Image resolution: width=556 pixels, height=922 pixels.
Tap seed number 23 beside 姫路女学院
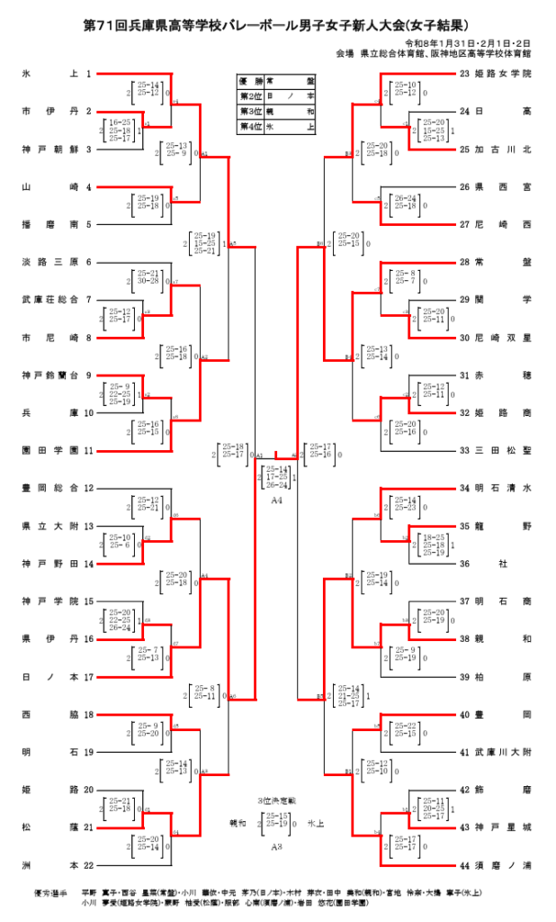pos(465,74)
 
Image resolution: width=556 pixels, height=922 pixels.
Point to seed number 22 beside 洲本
pos(88,865)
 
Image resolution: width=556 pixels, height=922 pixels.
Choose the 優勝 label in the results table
pos(249,80)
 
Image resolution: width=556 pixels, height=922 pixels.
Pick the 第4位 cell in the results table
pos(249,127)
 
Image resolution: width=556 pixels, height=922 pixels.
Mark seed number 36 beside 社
pos(465,564)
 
